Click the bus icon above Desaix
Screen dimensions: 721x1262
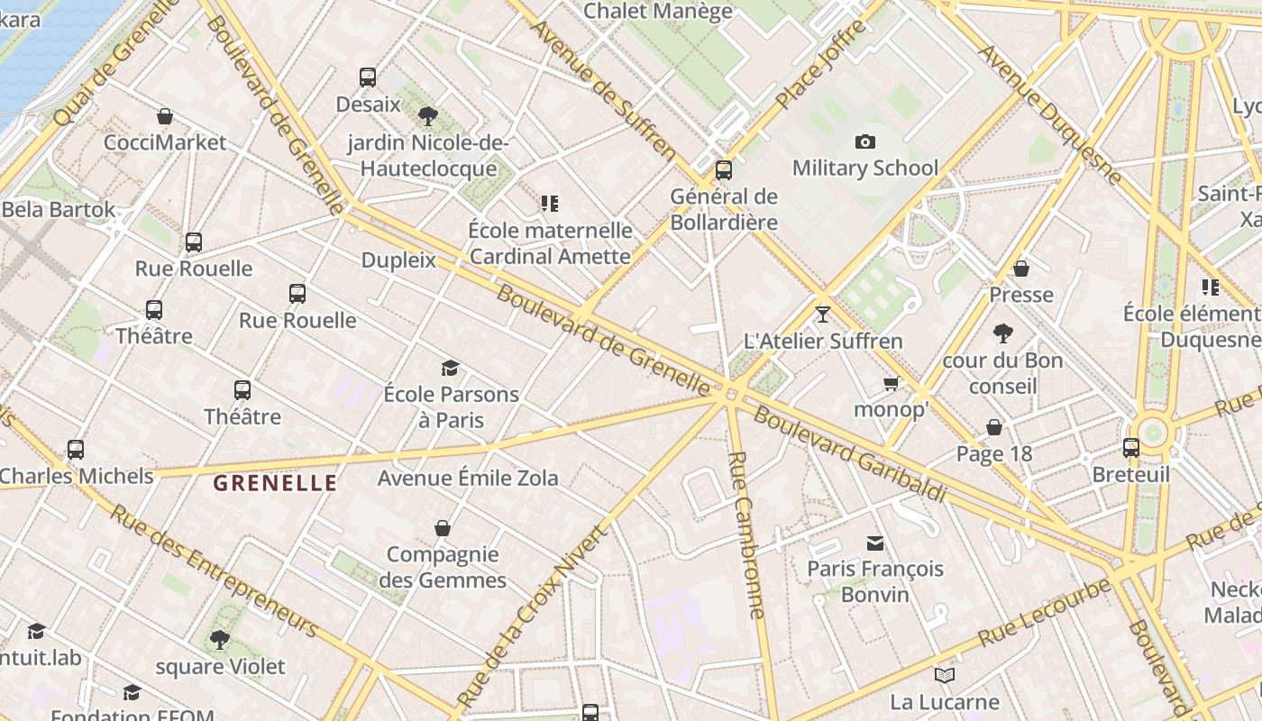click(x=367, y=78)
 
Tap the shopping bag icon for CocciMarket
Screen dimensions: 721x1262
click(x=165, y=116)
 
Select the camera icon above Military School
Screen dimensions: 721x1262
click(x=865, y=141)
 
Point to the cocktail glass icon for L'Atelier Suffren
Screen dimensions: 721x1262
click(x=822, y=315)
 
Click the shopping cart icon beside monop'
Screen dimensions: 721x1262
click(x=892, y=384)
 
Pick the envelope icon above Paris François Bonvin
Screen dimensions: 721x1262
click(x=875, y=543)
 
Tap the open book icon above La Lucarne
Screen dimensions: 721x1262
click(x=944, y=675)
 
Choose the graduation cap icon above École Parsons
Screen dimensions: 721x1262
click(x=450, y=368)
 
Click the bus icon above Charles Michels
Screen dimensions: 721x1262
click(x=76, y=449)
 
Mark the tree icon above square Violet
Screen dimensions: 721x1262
click(x=219, y=640)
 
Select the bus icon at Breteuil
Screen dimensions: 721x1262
click(x=1130, y=447)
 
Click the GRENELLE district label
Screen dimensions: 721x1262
click(x=275, y=483)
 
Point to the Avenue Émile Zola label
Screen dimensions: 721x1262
click(x=468, y=478)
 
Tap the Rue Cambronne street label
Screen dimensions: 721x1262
click(x=747, y=535)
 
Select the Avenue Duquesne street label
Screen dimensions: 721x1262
click(x=1050, y=114)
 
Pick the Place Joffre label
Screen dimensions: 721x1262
click(x=820, y=64)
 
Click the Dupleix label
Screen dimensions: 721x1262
click(x=398, y=260)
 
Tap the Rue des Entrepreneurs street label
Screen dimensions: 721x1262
click(x=214, y=570)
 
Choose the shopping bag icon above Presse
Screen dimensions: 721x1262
click(x=1021, y=269)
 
